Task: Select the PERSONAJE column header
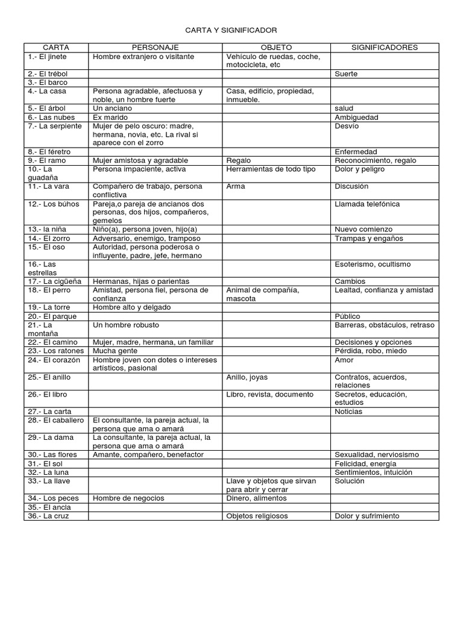156,48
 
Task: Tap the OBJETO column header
276,48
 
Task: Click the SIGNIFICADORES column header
385,48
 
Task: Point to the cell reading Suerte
346,74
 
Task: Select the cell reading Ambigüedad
356,117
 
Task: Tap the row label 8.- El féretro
48,152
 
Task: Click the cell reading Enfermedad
356,152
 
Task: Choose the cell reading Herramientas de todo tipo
271,169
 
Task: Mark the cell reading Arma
236,187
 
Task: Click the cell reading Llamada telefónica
367,204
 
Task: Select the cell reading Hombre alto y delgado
131,307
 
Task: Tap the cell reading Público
347,316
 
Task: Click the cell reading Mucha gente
115,351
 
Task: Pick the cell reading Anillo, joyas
247,377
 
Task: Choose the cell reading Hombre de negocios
128,498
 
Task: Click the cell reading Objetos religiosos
257,516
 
